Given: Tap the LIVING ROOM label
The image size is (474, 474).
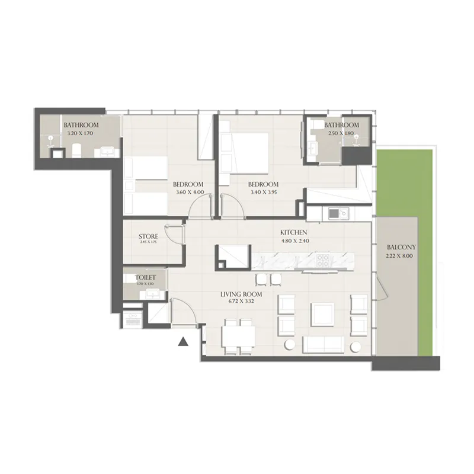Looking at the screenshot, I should tap(241, 294).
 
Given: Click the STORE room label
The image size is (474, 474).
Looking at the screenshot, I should tap(148, 236).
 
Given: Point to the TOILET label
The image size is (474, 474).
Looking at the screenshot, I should tap(145, 277).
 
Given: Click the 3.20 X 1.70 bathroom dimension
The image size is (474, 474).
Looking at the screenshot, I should tap(81, 134).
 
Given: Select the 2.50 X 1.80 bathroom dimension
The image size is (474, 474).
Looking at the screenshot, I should tap(341, 134).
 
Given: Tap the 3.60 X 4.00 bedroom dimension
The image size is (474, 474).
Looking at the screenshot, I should tap(190, 192).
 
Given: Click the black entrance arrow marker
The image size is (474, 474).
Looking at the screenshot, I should tap(184, 341).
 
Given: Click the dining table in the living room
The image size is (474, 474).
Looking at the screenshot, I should tap(239, 336).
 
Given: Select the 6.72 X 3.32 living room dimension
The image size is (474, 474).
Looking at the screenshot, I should tap(241, 302).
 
